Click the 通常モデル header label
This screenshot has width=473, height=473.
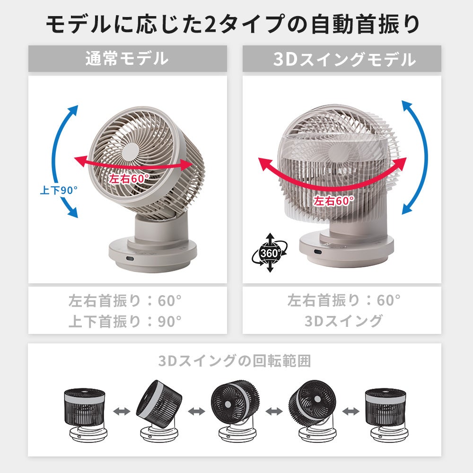pos(127,59)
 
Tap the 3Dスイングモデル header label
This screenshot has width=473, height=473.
pos(344,59)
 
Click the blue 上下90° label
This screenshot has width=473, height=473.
pos(59,190)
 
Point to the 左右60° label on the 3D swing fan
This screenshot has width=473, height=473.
pos(333,201)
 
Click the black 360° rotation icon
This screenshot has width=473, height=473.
pos(270,253)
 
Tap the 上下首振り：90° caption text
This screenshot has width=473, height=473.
pos(125,322)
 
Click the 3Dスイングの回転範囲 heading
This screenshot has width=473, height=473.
pos(235,361)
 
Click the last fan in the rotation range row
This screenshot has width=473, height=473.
pos(387,415)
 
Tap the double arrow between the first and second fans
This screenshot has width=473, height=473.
pos(122,411)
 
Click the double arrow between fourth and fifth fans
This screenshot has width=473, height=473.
pos(351,411)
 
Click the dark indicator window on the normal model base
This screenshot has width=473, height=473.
pos(130,259)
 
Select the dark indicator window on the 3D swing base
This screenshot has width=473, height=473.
pos(318,252)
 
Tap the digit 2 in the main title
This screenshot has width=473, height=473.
pos(211,24)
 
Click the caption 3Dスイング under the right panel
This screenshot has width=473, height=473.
pos(343,321)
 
